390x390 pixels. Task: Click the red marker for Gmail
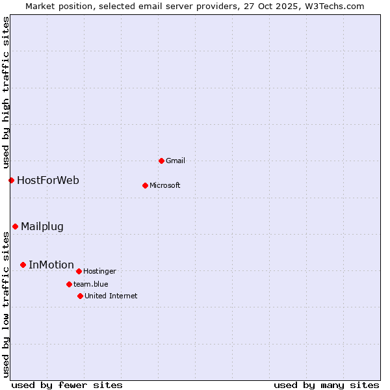tap(161, 161)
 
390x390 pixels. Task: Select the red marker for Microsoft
tap(145, 185)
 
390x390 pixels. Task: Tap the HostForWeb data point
tap(11, 180)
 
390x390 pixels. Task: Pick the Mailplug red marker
tap(15, 226)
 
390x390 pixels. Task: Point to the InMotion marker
tap(23, 265)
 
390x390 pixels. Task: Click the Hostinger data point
tap(79, 271)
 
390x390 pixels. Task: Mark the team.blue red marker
tap(69, 284)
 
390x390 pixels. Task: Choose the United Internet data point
tap(80, 296)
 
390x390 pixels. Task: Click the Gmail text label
tap(175, 161)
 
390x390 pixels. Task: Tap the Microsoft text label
tap(164, 185)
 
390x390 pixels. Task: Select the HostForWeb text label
tap(48, 180)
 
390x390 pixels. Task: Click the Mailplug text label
tap(42, 226)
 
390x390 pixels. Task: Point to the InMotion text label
tap(51, 265)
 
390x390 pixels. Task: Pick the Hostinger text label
tap(99, 271)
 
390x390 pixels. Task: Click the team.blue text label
tap(90, 284)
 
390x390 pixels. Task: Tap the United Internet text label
tap(110, 296)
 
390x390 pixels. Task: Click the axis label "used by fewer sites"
tap(67, 385)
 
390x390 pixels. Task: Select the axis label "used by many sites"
tap(326, 385)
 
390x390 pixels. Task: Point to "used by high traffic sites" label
tap(6, 92)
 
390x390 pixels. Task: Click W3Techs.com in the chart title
tap(333, 6)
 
